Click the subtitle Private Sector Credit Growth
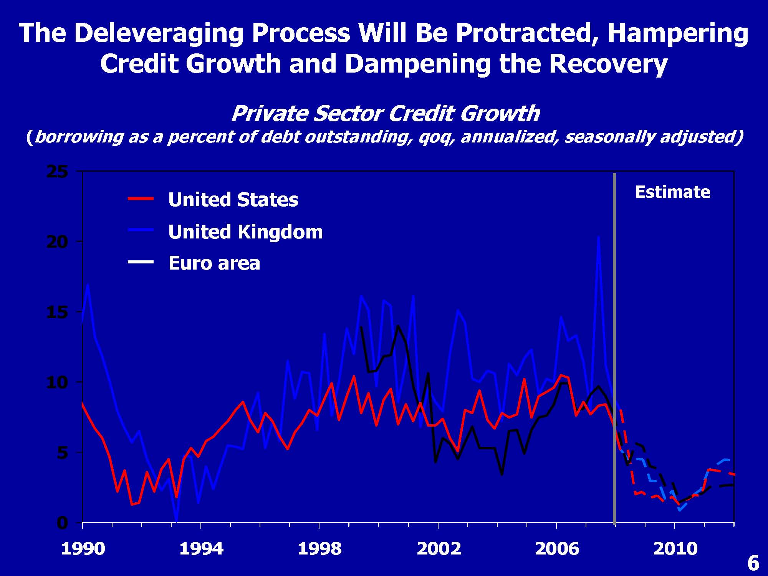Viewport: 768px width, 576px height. (385, 114)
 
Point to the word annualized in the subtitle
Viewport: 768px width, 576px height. (508, 137)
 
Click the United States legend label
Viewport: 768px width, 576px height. (233, 200)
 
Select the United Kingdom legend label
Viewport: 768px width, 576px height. (245, 232)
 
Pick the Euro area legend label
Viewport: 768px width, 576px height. (214, 263)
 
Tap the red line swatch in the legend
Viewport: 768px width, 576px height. (141, 199)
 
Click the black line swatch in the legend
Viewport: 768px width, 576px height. (141, 262)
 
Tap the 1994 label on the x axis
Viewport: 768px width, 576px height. (201, 549)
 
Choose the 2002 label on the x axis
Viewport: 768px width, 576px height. (439, 549)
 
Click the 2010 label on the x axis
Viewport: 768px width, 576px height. (675, 549)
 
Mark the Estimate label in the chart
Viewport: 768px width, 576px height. (672, 192)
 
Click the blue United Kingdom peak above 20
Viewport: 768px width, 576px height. (598, 238)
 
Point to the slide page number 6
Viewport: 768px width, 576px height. (753, 563)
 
